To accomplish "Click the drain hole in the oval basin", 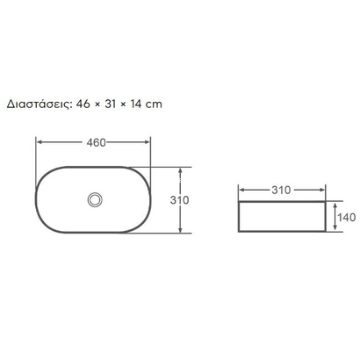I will click(x=93, y=199).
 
